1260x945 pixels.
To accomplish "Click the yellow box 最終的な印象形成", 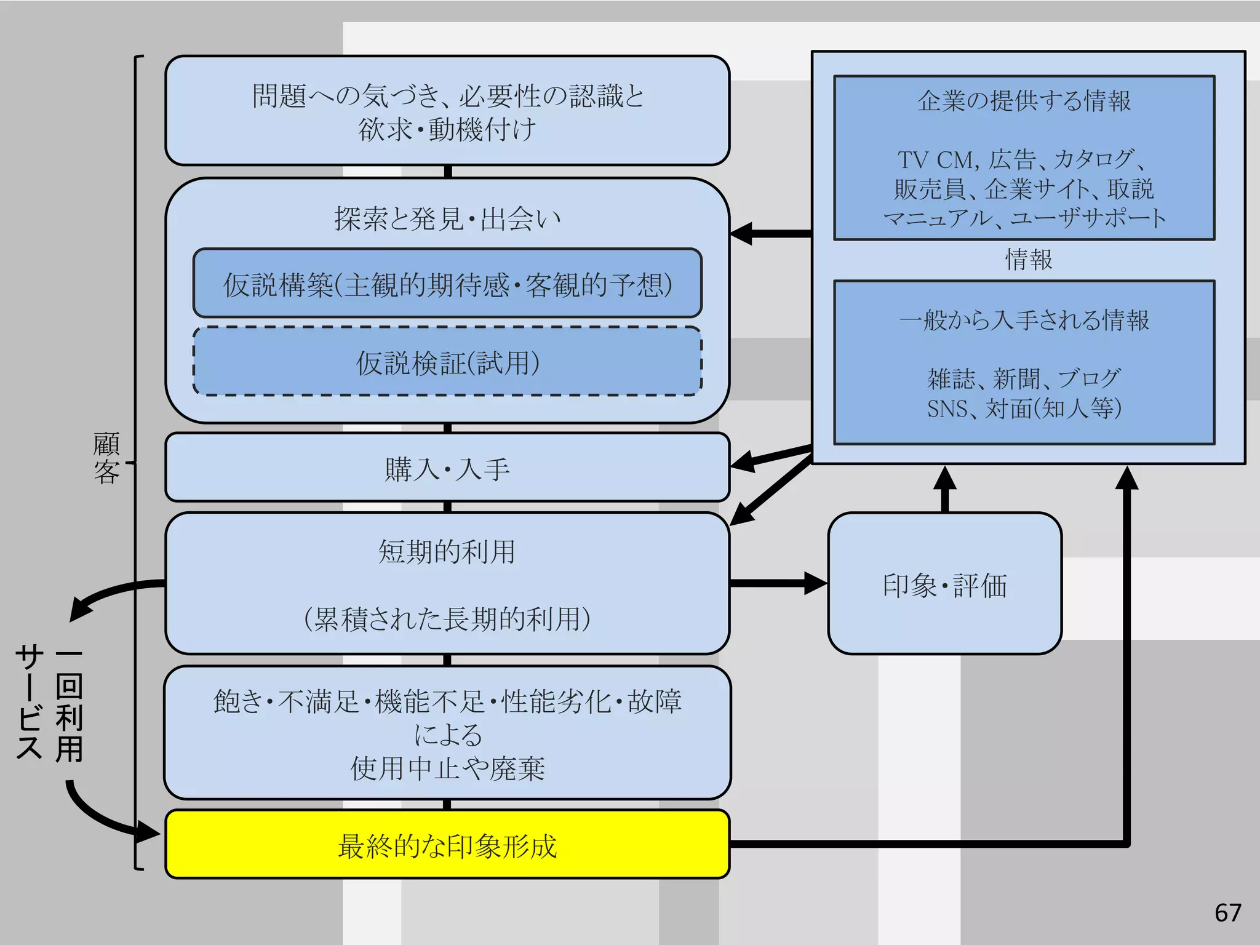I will click(447, 845).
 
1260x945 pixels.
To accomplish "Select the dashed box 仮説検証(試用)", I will click(447, 362).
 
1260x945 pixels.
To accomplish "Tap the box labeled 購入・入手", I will click(447, 468).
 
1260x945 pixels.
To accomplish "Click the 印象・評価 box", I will click(944, 584).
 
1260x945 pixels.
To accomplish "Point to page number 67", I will click(1227, 912).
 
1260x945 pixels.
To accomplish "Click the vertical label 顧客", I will click(106, 458).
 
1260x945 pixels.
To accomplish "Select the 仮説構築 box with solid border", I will click(447, 284).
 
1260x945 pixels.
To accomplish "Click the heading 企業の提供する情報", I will click(1024, 101).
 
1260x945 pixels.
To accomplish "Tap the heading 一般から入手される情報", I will click(1024, 320).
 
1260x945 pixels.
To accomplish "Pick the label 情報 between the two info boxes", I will click(1028, 260).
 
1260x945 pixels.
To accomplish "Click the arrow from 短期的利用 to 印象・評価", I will click(778, 583).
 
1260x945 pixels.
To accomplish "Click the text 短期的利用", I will click(447, 551).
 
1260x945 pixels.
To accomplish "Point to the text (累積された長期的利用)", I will click(447, 619).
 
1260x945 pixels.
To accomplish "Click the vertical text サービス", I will click(30, 701).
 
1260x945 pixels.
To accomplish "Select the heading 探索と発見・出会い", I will click(447, 218).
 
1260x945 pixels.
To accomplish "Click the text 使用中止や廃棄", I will click(447, 768).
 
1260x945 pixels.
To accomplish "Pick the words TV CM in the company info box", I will click(936, 160).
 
